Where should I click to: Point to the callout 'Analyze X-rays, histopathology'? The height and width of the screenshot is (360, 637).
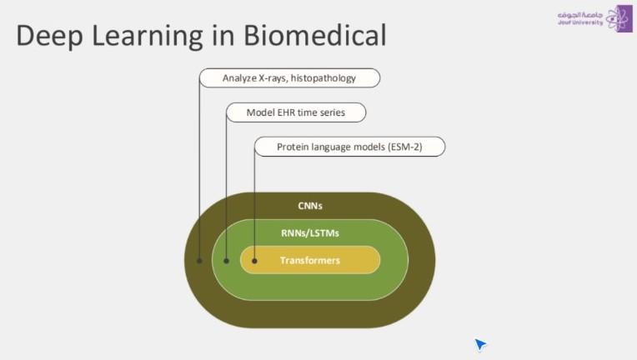tap(289, 78)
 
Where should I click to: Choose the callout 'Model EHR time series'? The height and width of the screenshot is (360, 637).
tap(296, 112)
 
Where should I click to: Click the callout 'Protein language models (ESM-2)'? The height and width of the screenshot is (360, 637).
tap(349, 147)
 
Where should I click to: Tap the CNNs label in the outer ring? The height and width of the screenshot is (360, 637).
tap(309, 205)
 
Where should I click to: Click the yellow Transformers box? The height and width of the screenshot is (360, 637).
tap(310, 260)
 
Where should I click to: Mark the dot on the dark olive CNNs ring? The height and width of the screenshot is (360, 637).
tap(199, 261)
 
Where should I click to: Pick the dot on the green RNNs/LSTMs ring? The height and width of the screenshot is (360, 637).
tap(227, 261)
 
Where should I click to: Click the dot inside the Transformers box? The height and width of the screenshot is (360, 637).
tap(254, 261)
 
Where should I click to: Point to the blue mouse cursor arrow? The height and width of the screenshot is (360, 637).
tap(479, 343)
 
